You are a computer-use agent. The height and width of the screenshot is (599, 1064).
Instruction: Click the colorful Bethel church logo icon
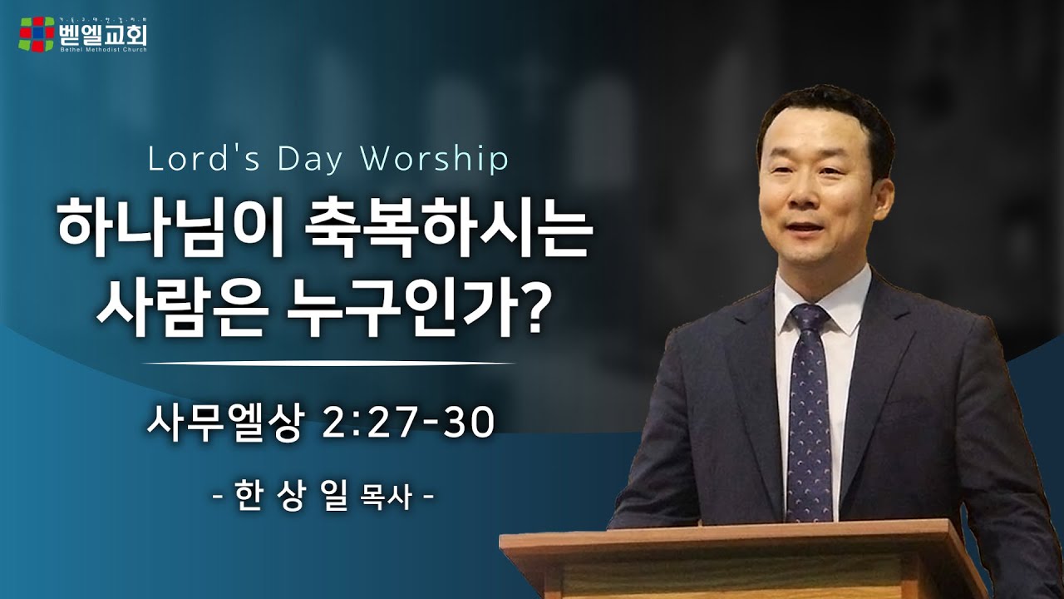tap(37, 34)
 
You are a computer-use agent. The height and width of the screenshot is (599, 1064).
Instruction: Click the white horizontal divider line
tap(329, 364)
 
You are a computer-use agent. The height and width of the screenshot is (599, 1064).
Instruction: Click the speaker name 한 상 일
tap(291, 498)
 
